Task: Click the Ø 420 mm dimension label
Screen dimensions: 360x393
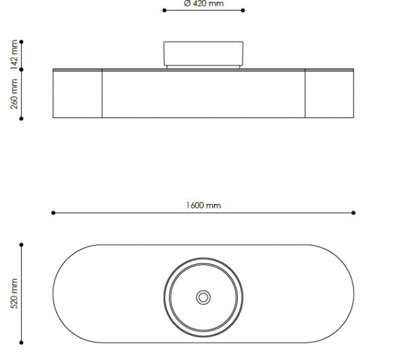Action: click(204, 3)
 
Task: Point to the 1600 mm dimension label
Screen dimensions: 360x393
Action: click(204, 205)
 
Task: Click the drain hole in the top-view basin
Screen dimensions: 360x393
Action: click(203, 297)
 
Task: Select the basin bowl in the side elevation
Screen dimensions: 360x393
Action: click(203, 53)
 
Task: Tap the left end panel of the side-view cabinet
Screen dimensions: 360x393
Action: click(77, 94)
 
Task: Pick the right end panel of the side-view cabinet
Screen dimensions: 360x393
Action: click(329, 94)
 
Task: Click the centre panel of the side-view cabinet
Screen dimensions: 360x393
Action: click(203, 94)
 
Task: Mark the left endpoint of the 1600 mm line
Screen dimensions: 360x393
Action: click(53, 212)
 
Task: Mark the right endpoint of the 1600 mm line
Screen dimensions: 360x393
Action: click(354, 212)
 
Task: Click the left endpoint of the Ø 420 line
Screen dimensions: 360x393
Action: click(164, 10)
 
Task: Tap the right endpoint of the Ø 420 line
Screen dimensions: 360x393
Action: click(244, 10)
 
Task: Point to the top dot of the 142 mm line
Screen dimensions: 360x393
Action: click(22, 41)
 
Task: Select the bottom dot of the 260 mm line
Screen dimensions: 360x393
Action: click(22, 119)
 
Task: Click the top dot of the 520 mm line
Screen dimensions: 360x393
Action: click(22, 245)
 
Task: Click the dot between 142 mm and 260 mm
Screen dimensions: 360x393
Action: click(22, 68)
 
